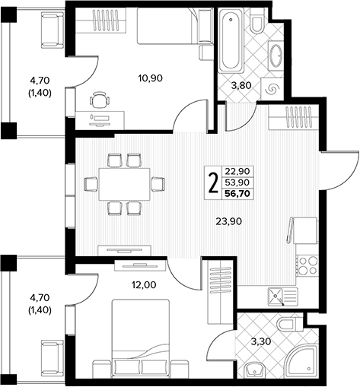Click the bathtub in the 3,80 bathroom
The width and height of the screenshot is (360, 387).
(231, 40)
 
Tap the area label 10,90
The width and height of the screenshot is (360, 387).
(150, 78)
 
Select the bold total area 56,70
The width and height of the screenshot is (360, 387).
(237, 194)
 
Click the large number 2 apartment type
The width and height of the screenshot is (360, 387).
(213, 183)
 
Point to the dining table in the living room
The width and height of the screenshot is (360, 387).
(124, 184)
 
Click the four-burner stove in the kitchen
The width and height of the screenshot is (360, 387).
(307, 265)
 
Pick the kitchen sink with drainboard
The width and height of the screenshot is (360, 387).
(283, 297)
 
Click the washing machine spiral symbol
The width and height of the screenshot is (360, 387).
(272, 89)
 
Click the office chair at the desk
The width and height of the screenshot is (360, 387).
(100, 100)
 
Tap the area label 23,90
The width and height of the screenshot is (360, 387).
(228, 221)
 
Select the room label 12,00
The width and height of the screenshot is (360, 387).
(144, 285)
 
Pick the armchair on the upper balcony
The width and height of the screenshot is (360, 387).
(53, 30)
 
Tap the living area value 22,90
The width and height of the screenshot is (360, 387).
(237, 172)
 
